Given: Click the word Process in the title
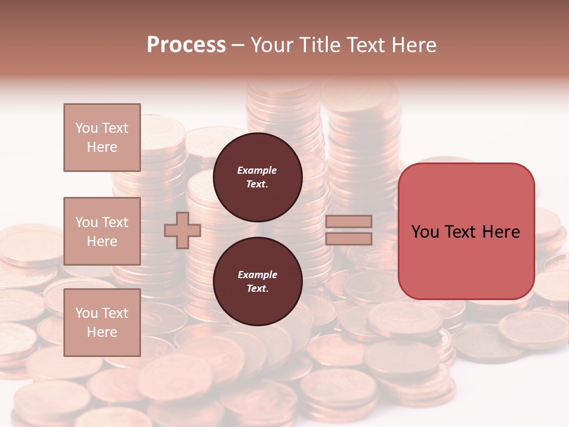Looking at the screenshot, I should tap(186, 45).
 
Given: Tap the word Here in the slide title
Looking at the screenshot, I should tap(413, 45).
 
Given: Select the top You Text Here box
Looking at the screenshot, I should tap(102, 138).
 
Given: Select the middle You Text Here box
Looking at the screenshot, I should tap(102, 231).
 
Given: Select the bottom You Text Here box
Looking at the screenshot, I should tap(102, 323).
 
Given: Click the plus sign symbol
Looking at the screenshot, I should tap(183, 230).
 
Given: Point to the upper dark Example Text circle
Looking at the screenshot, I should tap(257, 177).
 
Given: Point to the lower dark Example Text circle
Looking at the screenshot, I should tap(257, 282).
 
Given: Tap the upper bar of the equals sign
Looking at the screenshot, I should tap(349, 221).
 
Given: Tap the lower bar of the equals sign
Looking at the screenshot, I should tap(349, 238).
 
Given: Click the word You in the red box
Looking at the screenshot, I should tap(426, 232).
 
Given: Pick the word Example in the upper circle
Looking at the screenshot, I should tap(257, 170).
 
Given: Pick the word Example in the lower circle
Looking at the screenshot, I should tap(257, 275).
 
